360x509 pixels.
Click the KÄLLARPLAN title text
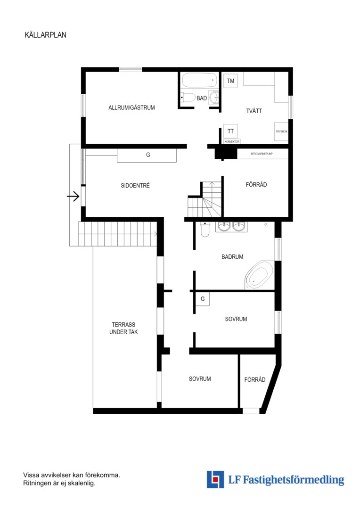[x=45, y=35]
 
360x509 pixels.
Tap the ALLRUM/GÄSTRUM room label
[x=131, y=108]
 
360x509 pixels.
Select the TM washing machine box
[x=230, y=81]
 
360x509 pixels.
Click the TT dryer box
[x=230, y=131]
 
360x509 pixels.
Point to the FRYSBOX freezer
[x=281, y=131]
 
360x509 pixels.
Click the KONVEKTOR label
[x=232, y=141]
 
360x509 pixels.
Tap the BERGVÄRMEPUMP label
[x=262, y=154]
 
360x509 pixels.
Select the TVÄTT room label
[x=254, y=111]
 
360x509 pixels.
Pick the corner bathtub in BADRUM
[x=259, y=275]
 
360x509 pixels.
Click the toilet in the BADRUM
[x=205, y=229]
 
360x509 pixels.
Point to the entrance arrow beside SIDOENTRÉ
[x=73, y=197]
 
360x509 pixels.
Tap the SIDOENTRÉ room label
[x=135, y=186]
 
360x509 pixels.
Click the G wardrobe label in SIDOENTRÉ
[x=148, y=155]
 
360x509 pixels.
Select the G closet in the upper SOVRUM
[x=203, y=299]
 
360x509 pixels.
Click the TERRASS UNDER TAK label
[x=123, y=328]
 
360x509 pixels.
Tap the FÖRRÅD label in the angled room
[x=255, y=379]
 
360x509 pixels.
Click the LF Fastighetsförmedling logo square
[x=215, y=479]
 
